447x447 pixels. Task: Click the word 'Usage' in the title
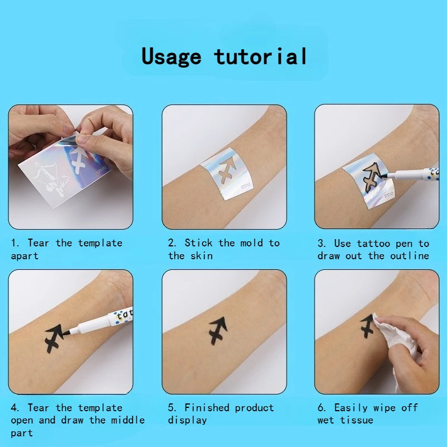click(x=172, y=57)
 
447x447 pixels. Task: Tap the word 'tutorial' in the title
click(x=260, y=56)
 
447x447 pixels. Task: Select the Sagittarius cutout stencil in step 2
click(x=227, y=170)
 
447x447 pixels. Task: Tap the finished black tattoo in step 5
click(x=218, y=330)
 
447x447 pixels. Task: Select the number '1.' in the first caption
click(x=15, y=243)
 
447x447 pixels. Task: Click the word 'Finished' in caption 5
click(x=207, y=407)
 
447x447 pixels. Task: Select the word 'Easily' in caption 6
click(x=351, y=408)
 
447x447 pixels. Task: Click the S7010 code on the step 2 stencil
click(x=245, y=186)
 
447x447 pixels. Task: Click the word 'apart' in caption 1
click(x=25, y=256)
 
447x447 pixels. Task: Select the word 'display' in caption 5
click(x=187, y=421)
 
